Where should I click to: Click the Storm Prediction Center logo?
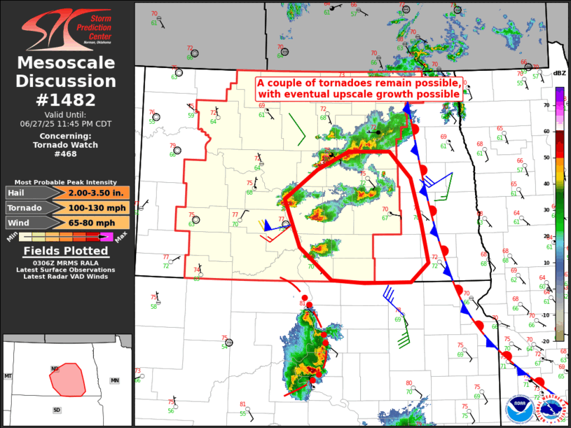67,27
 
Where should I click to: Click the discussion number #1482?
67,99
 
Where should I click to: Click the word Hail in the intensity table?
20,193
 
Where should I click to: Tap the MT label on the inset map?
9,376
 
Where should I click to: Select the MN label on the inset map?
115,380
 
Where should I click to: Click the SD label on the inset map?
57,410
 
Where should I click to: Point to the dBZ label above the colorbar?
559,74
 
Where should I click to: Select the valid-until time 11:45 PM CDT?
67,123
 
